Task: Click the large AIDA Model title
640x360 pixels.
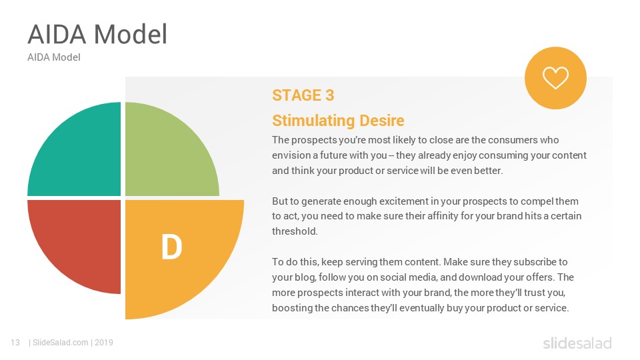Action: (97, 34)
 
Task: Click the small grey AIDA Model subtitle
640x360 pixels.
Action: (54, 57)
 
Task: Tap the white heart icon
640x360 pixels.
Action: (555, 77)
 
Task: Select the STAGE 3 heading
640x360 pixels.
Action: (303, 95)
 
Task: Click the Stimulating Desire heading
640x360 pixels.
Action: (338, 121)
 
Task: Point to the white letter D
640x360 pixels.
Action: (171, 247)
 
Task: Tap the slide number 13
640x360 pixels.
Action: (15, 343)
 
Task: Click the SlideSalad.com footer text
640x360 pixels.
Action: (61, 343)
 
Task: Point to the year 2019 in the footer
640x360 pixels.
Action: (104, 343)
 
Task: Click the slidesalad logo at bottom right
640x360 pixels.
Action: (577, 343)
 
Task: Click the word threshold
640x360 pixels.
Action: (294, 231)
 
